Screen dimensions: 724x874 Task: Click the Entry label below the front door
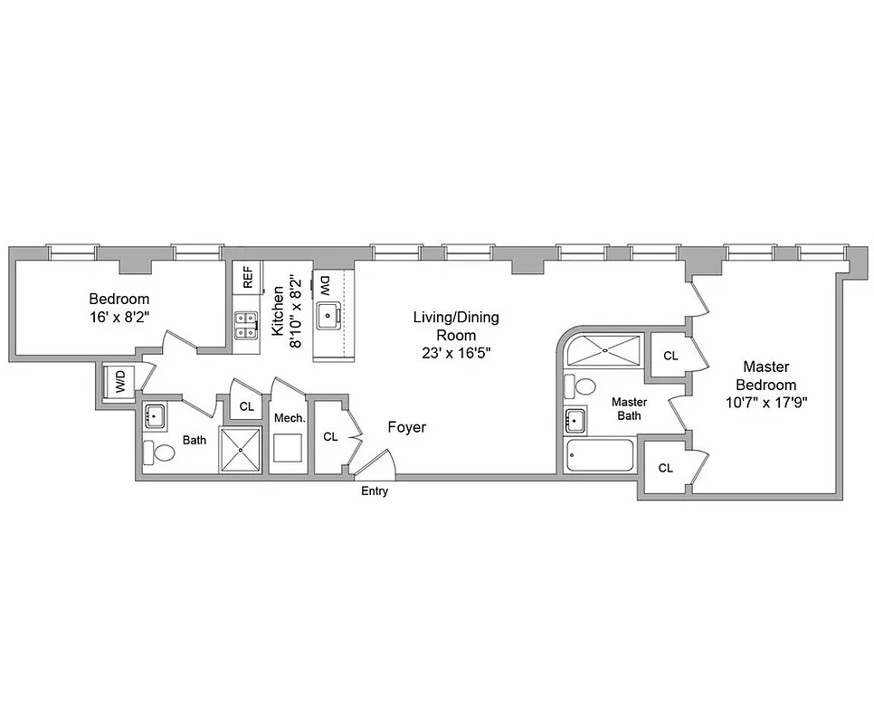point(375,491)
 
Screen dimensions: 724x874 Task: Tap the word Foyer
point(406,427)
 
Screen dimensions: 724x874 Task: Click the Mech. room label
point(289,418)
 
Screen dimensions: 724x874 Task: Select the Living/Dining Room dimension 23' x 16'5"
point(456,352)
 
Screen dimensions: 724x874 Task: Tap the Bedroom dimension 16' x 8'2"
point(119,317)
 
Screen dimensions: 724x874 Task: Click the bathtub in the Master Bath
point(600,456)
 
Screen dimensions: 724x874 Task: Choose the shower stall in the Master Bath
point(603,351)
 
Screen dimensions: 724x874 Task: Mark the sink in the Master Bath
point(574,421)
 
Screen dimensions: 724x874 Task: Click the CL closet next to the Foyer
point(330,436)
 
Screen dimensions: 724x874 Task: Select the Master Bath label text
point(629,408)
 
